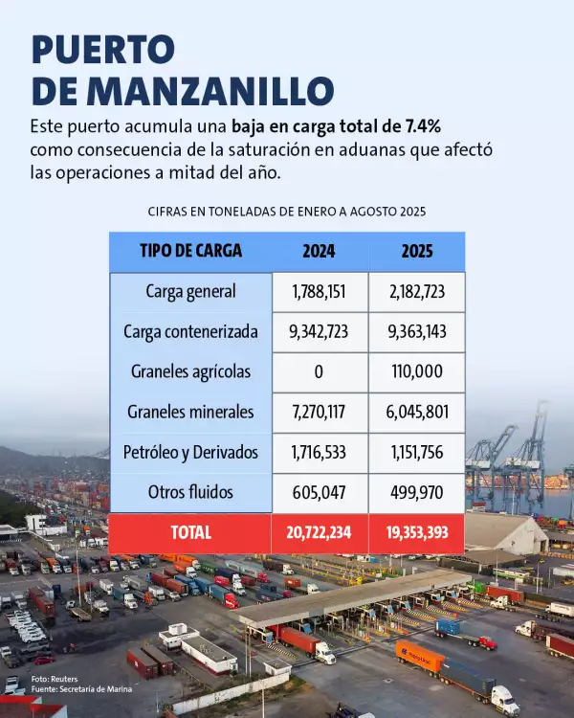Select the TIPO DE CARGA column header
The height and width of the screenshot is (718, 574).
click(x=190, y=252)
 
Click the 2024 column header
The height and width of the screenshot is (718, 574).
click(x=319, y=252)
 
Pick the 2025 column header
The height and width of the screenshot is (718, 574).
click(x=416, y=252)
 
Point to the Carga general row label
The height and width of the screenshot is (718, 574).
click(x=190, y=291)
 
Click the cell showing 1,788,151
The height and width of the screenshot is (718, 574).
click(x=319, y=291)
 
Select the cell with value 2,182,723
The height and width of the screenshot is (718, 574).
click(x=416, y=291)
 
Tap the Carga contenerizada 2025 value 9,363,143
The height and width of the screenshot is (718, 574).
click(x=416, y=332)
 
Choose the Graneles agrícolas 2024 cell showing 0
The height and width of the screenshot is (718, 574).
click(x=319, y=372)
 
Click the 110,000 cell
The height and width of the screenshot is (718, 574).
click(x=416, y=372)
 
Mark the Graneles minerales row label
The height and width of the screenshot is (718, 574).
click(x=190, y=413)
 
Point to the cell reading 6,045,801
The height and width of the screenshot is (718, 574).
click(x=416, y=413)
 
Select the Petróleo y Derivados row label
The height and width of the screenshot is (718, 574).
click(x=190, y=453)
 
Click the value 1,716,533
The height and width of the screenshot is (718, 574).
click(x=319, y=453)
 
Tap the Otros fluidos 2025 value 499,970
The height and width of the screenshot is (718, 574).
click(x=416, y=493)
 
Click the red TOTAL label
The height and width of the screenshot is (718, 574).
click(x=190, y=533)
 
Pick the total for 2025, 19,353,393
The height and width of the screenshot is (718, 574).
click(x=416, y=533)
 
